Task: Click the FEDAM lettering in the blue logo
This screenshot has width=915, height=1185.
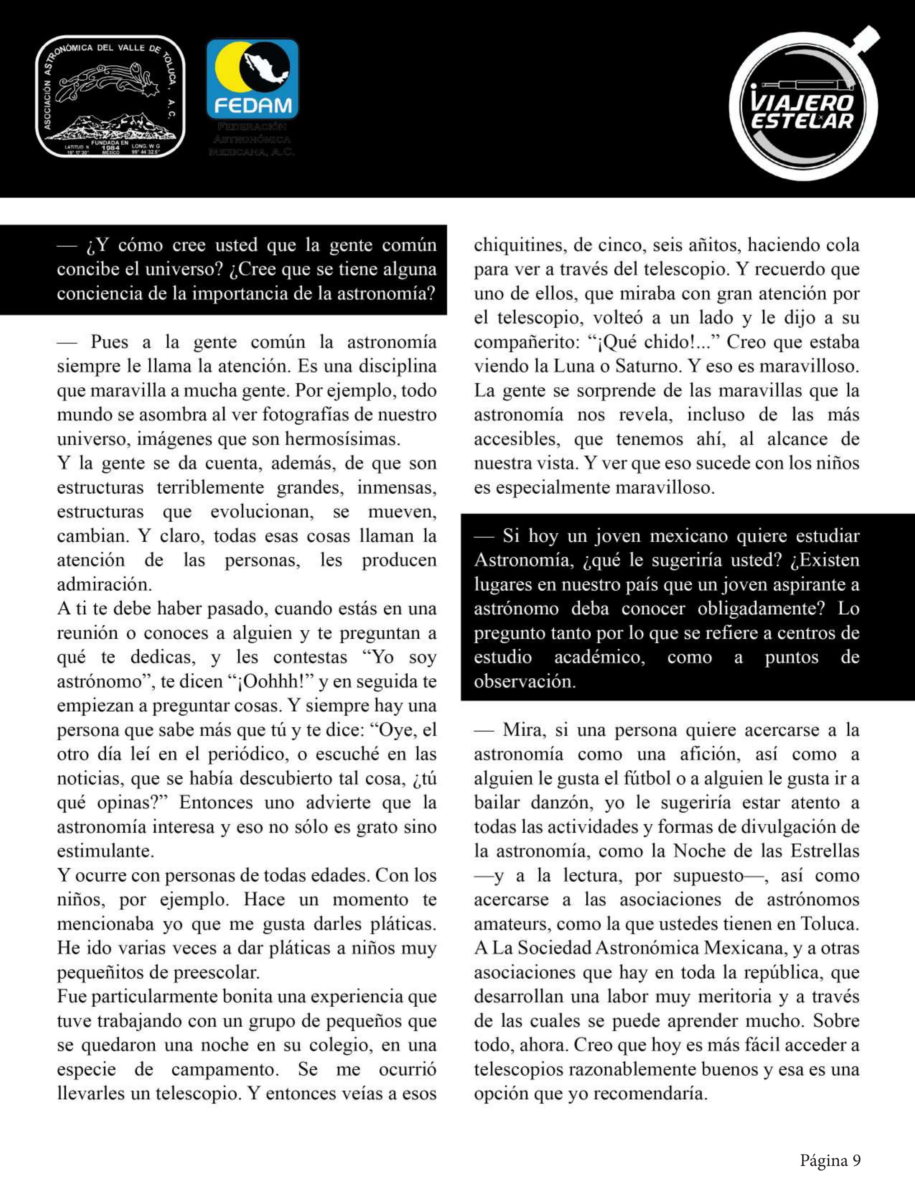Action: click(252, 105)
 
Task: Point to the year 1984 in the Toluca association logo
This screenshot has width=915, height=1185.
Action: click(110, 148)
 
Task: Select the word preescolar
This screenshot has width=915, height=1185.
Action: click(216, 972)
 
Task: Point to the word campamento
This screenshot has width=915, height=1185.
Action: click(225, 1069)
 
